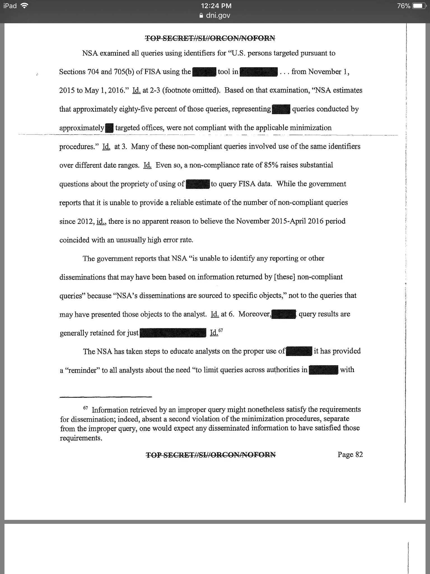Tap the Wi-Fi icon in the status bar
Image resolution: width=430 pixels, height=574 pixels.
25,6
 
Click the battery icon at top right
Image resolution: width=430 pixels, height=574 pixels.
420,6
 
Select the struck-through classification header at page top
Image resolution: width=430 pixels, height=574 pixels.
210,38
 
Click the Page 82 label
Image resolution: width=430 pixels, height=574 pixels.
350,455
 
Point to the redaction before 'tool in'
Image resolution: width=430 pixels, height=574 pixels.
204,72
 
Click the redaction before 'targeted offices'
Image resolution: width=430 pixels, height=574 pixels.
110,128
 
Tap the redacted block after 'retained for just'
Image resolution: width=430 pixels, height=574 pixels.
173,333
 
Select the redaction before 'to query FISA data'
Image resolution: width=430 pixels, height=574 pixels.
198,184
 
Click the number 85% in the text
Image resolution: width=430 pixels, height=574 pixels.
271,165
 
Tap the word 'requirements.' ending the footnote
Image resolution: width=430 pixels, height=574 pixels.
81,438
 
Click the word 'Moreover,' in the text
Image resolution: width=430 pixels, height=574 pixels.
254,314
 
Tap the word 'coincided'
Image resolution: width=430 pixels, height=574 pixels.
74,240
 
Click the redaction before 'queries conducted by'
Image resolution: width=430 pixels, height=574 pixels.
281,109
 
